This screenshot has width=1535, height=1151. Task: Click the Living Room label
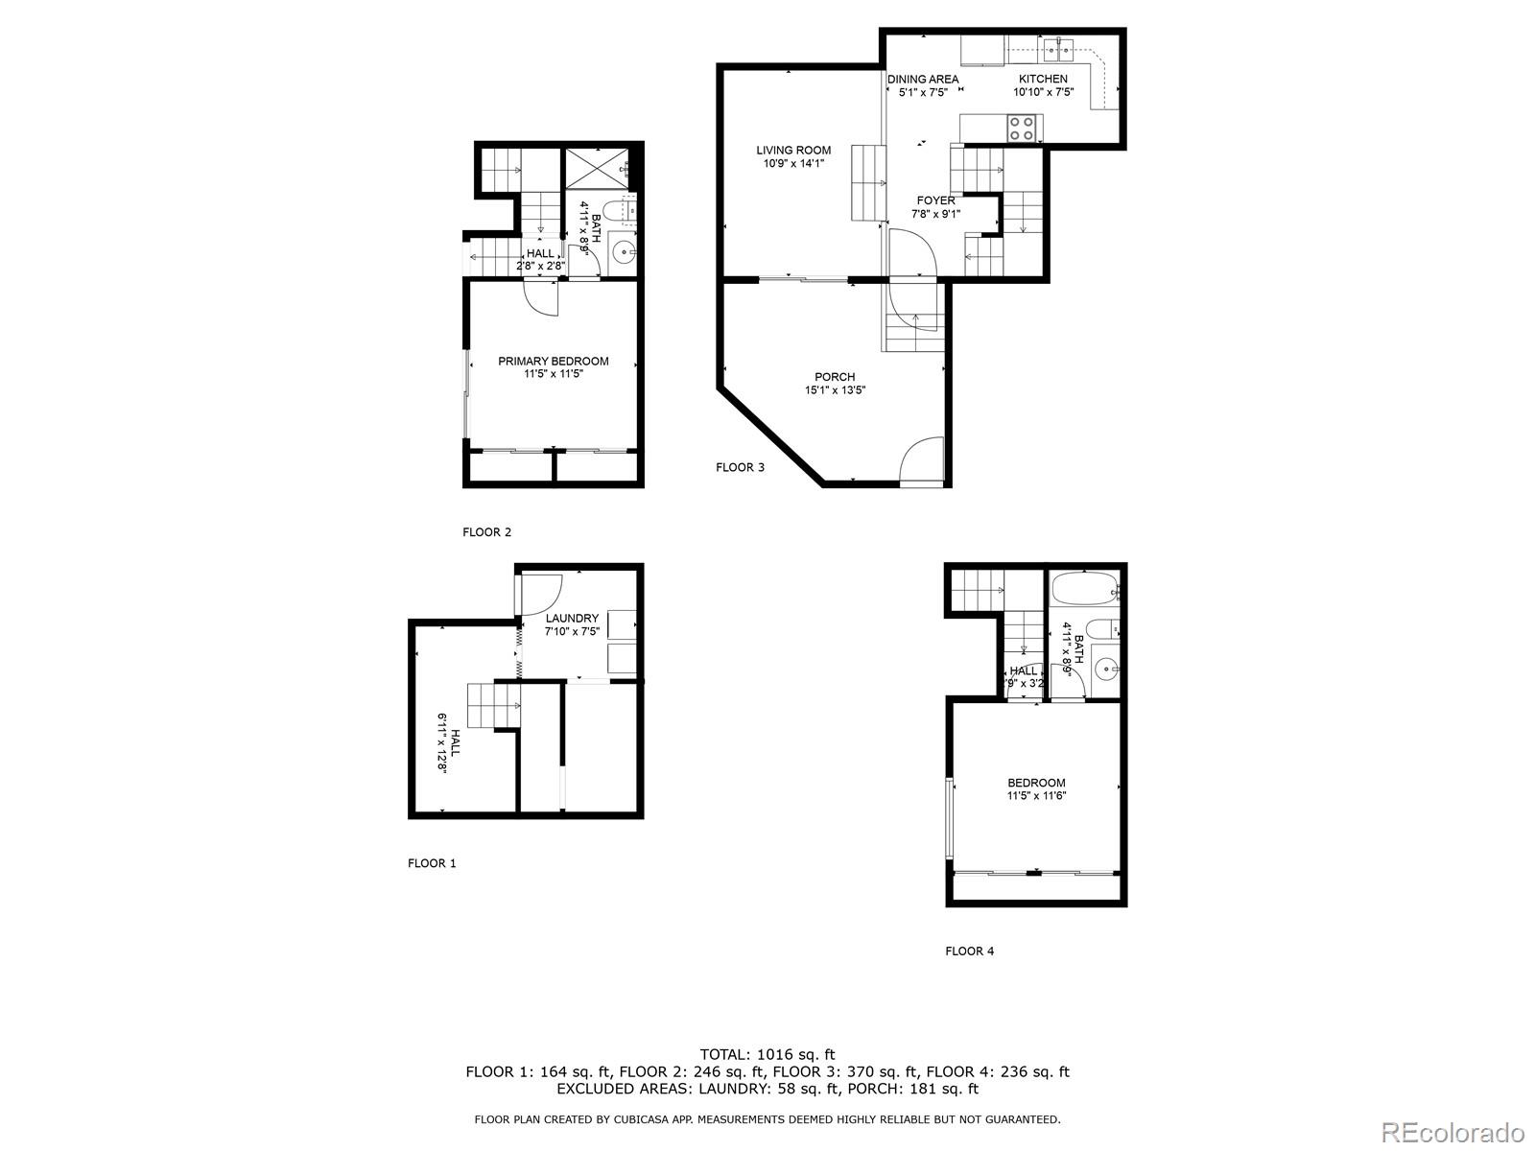(x=793, y=156)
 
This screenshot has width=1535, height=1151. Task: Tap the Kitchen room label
(x=1043, y=85)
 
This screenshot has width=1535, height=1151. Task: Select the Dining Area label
(x=923, y=85)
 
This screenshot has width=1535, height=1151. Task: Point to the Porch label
(x=835, y=383)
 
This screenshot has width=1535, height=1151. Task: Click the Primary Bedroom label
(x=553, y=366)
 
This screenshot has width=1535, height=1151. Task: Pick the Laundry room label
(x=572, y=624)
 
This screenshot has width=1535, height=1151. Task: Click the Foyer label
(x=935, y=207)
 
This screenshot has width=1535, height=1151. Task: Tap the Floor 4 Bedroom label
(x=1036, y=788)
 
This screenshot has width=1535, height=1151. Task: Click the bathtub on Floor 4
(x=1083, y=587)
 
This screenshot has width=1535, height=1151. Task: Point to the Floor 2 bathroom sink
(x=625, y=253)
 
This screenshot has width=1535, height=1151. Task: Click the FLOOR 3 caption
(x=740, y=467)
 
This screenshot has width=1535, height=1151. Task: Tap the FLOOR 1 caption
(x=432, y=862)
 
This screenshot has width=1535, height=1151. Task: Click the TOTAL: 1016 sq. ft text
(x=767, y=1054)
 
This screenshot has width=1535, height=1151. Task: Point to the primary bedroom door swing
(x=542, y=298)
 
